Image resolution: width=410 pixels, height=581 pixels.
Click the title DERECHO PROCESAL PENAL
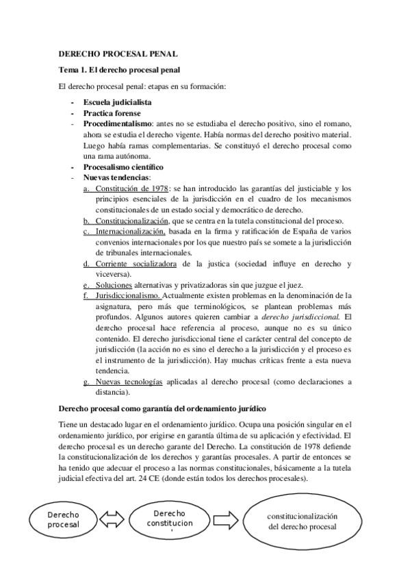(x=118, y=53)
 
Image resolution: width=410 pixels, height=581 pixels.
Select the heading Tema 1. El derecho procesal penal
(x=120, y=71)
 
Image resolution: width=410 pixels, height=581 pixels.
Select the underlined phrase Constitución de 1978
(x=131, y=188)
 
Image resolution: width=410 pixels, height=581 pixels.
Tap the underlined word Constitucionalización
(x=131, y=221)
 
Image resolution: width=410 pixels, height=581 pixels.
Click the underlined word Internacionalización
(x=131, y=232)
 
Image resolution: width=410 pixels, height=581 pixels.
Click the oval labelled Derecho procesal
(x=63, y=520)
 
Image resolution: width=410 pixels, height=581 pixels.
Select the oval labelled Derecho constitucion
(x=169, y=520)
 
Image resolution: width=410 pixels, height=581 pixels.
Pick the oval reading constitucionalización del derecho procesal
(x=303, y=520)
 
